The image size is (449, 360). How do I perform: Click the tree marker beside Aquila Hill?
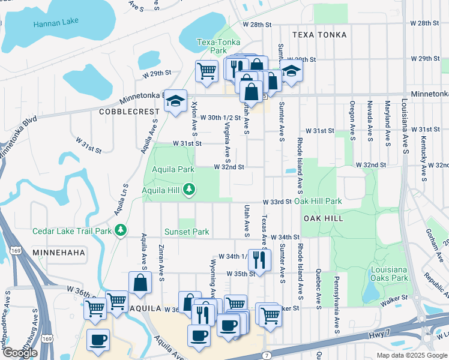[190, 190]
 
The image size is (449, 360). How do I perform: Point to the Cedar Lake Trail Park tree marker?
[121, 230]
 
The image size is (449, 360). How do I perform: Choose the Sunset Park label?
[187, 232]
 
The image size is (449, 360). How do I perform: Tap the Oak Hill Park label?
[318, 202]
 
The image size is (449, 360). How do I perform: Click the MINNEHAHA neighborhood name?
[59, 253]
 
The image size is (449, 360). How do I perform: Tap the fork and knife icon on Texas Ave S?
[259, 259]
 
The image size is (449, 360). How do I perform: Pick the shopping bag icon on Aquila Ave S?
[140, 283]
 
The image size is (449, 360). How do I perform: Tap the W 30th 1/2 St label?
[216, 118]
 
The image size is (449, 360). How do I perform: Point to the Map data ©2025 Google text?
[411, 355]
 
